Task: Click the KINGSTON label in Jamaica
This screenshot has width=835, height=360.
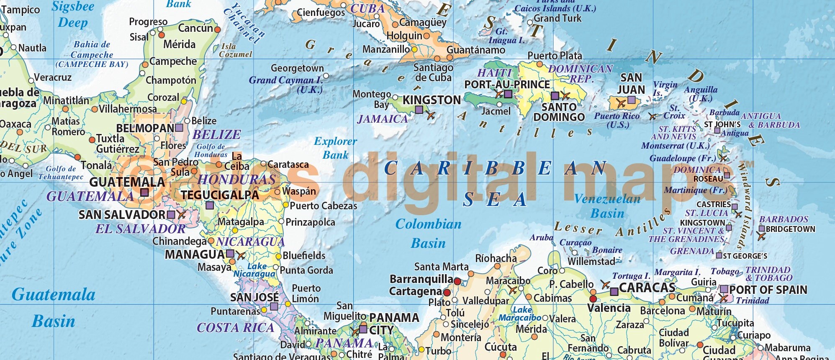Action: pos(432,100)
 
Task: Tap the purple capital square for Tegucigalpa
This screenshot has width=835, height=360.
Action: pos(210,206)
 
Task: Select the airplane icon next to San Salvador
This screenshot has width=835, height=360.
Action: pos(182,215)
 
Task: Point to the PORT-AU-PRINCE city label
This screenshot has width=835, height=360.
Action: pos(507,85)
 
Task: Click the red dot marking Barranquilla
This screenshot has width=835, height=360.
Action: pos(457,281)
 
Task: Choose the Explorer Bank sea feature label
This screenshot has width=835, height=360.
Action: pos(336,148)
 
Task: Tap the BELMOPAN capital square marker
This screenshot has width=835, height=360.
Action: pos(179,128)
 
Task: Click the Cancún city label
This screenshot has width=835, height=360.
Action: pos(195,28)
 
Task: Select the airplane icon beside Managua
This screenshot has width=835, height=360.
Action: pos(241,255)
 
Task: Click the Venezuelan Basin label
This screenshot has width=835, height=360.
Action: pos(607,206)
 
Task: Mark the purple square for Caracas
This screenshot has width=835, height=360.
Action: pos(614,292)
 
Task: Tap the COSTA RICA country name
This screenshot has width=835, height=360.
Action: pos(235,328)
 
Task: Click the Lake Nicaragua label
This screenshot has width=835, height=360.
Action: pos(255,270)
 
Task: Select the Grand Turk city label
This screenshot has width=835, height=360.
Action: pos(558,18)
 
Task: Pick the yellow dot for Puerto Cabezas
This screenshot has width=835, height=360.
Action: pos(286,205)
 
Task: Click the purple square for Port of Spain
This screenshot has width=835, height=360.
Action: pos(724,289)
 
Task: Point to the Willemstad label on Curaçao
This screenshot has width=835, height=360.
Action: pos(591,261)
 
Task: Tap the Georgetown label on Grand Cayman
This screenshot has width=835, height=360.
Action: pos(297,68)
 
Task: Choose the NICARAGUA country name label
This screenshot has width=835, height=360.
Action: pos(250,242)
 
